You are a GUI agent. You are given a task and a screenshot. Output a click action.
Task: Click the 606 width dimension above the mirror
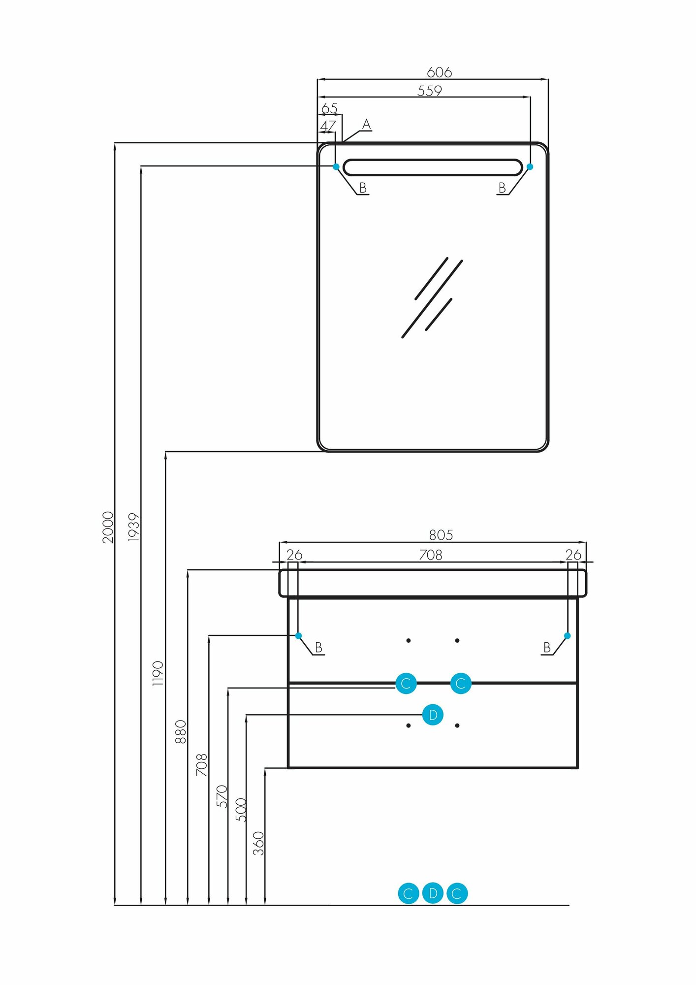(439, 72)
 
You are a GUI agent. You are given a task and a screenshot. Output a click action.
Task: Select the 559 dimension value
(430, 91)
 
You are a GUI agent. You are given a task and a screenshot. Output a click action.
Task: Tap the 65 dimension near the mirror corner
(329, 108)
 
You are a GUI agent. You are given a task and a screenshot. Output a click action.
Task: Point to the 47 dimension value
(328, 126)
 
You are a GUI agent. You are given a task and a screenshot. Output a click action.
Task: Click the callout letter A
(366, 125)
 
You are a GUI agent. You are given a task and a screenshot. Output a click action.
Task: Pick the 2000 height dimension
(108, 527)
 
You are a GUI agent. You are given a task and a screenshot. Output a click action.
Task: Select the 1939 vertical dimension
(134, 527)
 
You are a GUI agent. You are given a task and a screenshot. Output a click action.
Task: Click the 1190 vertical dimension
(158, 674)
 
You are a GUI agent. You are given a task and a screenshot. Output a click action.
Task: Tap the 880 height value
(181, 732)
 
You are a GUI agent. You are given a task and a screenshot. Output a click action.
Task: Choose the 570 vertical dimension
(222, 796)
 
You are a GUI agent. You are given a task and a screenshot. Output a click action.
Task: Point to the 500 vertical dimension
(241, 810)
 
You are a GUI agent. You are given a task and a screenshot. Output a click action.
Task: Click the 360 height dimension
(259, 843)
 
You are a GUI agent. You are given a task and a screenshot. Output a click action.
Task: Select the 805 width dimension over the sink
(441, 535)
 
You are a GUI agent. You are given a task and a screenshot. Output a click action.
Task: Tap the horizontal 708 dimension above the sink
(431, 555)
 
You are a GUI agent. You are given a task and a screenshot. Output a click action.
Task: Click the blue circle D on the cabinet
(433, 715)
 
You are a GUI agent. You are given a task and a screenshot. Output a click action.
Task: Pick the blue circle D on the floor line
(433, 893)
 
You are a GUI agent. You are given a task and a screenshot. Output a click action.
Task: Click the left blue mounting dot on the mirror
(336, 167)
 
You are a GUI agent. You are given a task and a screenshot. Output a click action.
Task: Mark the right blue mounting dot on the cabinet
(567, 636)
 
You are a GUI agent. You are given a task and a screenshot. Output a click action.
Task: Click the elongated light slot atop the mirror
(432, 167)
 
